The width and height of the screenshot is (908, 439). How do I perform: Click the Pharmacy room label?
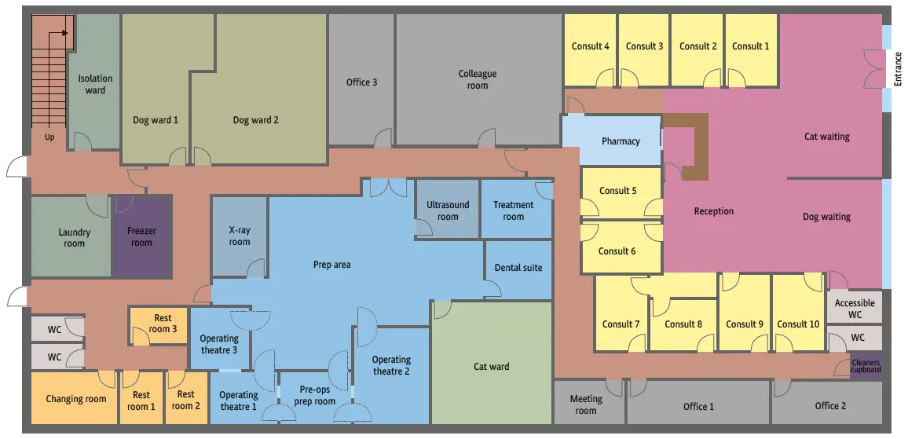click(x=621, y=141)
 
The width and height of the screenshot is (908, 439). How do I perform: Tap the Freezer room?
click(x=142, y=236)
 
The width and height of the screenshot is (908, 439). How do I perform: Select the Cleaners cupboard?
click(x=866, y=366)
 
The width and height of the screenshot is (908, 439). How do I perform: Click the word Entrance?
click(x=898, y=69)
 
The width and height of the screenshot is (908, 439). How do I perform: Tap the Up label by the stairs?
click(x=49, y=138)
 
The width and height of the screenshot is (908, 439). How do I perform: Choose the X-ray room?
click(x=239, y=236)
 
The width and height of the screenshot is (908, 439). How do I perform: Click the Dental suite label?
click(x=518, y=268)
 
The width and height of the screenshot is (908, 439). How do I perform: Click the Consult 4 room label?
click(x=590, y=46)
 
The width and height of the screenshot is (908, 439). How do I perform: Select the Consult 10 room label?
click(x=798, y=324)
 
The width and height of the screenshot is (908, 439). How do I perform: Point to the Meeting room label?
click(x=586, y=404)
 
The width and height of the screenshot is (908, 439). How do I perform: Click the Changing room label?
click(x=76, y=399)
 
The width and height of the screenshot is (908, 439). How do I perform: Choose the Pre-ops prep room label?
click(x=315, y=395)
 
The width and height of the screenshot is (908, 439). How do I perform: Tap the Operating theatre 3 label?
click(x=219, y=344)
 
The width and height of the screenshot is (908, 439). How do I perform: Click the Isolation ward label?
click(x=96, y=84)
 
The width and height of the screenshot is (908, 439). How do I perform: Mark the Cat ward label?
click(x=491, y=366)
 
